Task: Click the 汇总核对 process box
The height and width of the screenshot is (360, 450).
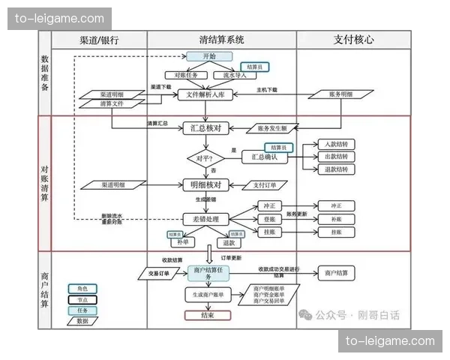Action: pos(204,128)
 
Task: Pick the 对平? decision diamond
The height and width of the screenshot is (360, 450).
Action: pos(205,159)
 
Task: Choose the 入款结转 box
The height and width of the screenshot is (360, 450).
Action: pos(336,144)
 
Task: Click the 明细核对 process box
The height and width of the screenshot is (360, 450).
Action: pos(204,184)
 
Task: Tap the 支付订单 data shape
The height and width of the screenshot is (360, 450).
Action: pos(265,184)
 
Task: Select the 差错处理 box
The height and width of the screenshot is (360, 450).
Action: pos(204,219)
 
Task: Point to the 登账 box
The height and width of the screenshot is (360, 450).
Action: pos(268,219)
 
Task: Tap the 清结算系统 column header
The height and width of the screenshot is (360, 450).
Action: pos(222,40)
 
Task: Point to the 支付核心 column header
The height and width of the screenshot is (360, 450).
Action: pos(353,40)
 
